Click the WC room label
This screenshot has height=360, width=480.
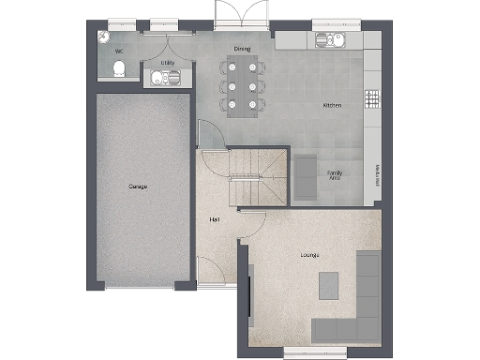point(119,52)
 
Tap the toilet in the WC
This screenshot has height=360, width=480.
point(119,68)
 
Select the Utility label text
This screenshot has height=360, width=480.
point(168,63)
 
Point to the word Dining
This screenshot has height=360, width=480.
point(242,50)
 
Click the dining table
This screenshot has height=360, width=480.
point(241,87)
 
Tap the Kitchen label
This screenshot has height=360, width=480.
point(332,105)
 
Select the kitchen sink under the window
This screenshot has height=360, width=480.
point(330,40)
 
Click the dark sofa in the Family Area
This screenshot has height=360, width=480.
point(306,176)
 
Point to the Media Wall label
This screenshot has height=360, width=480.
point(376,174)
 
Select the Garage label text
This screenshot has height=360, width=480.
point(138,186)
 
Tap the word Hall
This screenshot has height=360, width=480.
point(215,219)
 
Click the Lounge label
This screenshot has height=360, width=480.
point(309,255)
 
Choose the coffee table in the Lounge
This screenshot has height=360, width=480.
point(328,285)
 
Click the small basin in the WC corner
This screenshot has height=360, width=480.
point(102,36)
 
